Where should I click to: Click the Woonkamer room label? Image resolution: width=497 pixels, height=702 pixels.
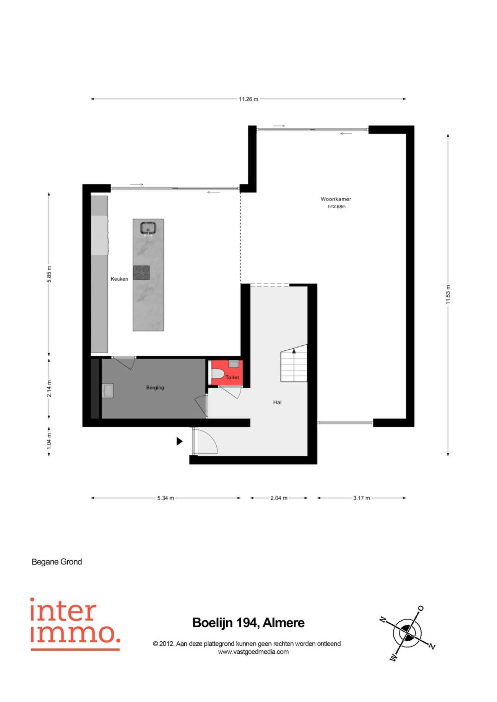336,199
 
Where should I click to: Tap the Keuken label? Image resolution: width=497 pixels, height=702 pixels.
119,279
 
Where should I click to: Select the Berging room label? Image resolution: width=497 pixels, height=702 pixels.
155,387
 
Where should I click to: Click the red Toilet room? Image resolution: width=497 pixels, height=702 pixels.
227,372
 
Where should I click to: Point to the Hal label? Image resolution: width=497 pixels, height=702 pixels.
277,402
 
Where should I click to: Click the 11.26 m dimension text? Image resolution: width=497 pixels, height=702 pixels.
248,99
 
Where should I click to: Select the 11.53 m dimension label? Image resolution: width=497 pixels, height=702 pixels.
448,294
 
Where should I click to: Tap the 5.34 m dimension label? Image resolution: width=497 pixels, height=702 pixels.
166,498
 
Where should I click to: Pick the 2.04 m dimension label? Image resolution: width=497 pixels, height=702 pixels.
279,498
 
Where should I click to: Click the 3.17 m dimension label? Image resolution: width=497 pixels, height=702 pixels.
361,498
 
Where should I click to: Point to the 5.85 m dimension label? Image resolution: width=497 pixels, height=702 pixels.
49,274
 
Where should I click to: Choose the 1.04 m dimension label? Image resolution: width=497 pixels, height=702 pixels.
49,441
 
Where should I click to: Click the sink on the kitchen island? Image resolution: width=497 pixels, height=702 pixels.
148,228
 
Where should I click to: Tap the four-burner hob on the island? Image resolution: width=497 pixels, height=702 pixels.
141,273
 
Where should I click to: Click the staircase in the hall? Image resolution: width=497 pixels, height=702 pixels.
294,363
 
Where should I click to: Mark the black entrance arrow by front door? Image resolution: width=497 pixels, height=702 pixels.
179,441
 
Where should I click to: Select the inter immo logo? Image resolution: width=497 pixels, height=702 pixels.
75,624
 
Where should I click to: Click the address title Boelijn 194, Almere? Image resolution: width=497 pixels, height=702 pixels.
248,623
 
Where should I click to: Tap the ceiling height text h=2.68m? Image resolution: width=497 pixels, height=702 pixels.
336,207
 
